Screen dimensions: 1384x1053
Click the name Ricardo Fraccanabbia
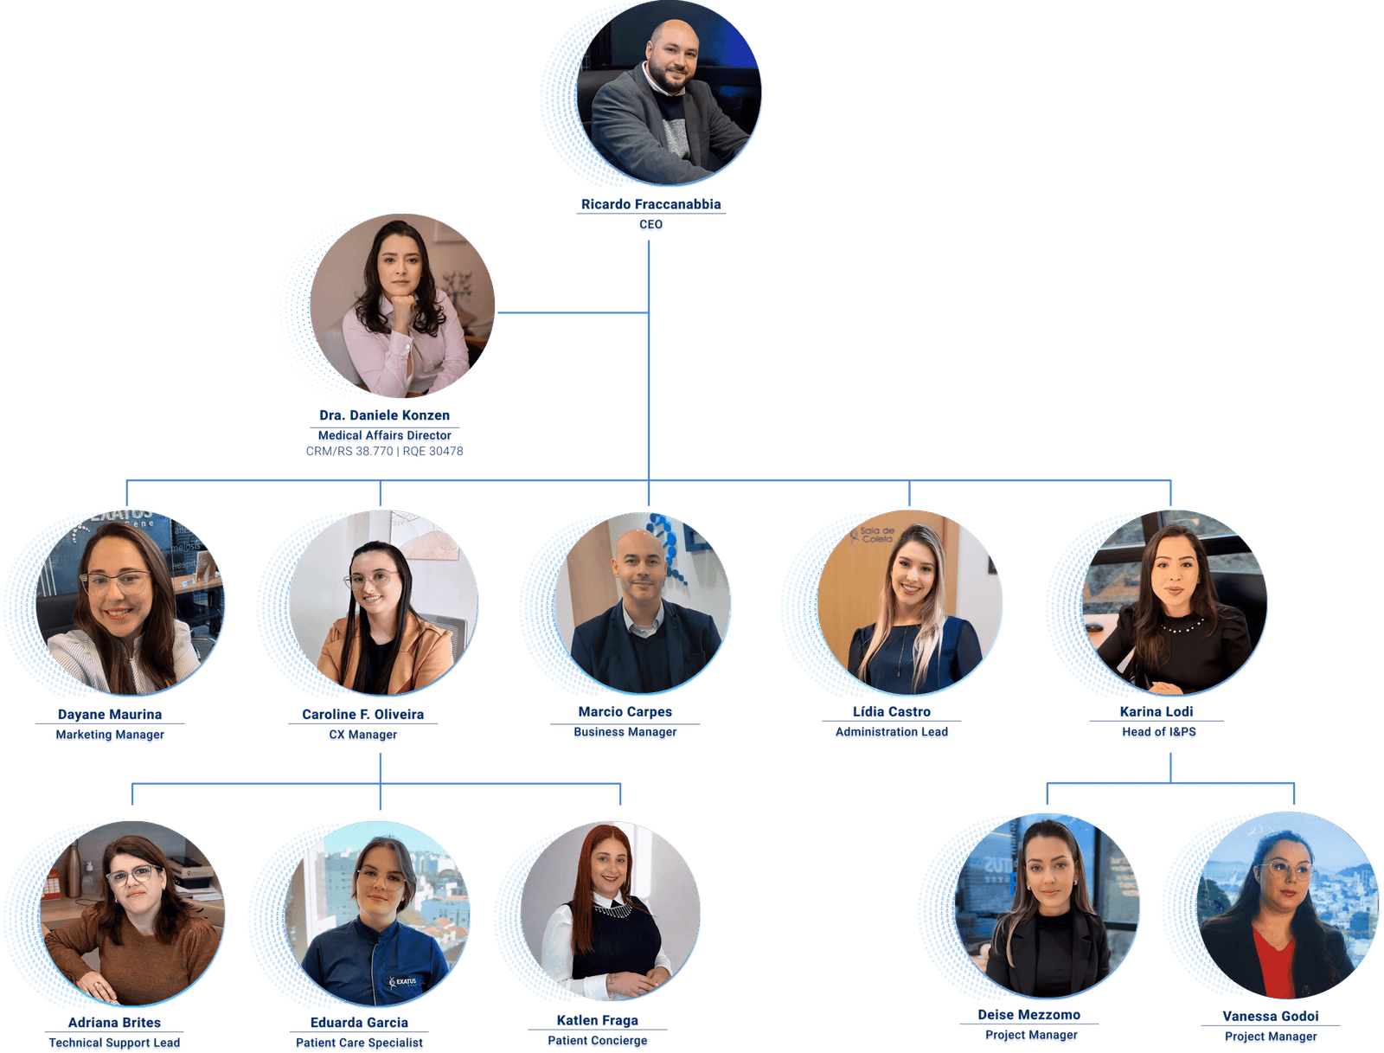coord(650,203)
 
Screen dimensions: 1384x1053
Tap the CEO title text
coord(650,224)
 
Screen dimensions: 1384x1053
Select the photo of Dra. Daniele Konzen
coord(401,305)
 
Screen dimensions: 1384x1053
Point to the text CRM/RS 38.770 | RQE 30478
coord(384,451)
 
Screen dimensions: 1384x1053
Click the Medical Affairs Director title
coord(384,435)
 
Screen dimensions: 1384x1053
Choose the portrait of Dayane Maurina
coord(130,602)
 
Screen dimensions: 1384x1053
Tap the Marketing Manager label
coord(110,734)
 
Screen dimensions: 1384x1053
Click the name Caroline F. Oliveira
coord(362,714)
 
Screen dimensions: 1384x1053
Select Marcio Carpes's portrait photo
coord(643,602)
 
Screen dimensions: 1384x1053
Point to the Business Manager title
coord(625,731)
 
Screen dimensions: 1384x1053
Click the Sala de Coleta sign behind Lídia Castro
coord(877,535)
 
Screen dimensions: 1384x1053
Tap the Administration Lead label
coord(891,731)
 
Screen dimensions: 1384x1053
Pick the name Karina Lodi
coord(1156,711)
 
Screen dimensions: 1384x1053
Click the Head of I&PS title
coord(1158,731)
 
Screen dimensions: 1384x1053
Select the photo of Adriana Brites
coord(131,912)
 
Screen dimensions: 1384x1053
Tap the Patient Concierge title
coord(597,1040)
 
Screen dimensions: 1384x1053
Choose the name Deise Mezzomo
coord(1028,1015)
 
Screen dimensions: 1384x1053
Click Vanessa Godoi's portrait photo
coord(1286,905)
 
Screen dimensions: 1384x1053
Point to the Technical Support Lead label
coord(114,1043)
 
